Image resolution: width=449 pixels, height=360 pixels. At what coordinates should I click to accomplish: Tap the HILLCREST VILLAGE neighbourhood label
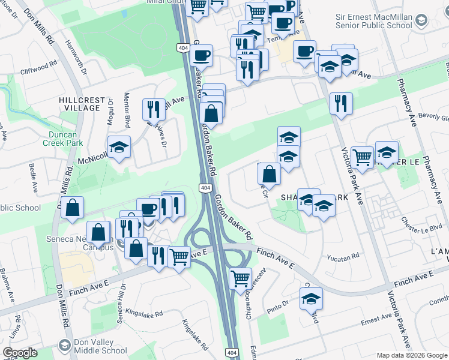[x=82, y=104]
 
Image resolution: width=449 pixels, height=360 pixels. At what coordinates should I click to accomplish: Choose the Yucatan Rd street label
[x=343, y=256]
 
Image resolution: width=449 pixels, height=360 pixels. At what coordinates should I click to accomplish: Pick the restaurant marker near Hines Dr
[x=154, y=109]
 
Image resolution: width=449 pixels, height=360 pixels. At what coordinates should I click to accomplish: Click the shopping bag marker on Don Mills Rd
[x=72, y=208]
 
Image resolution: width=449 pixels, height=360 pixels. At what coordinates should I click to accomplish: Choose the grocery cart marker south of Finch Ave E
[x=241, y=278]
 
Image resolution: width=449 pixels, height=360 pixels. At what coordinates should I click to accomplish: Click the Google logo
[x=20, y=353]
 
